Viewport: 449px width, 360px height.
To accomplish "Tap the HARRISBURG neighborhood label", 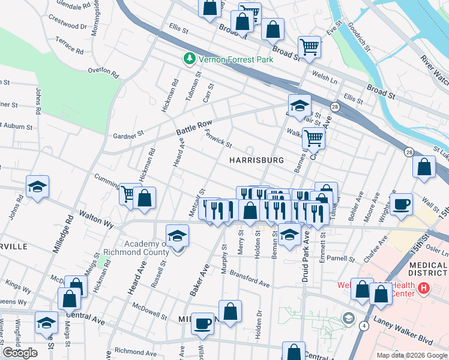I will (256, 161).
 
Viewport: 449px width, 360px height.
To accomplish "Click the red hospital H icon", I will (424, 289).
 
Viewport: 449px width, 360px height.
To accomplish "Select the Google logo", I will (20, 353).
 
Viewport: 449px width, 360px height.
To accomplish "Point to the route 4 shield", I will (364, 326).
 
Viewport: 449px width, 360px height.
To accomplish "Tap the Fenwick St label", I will (218, 139).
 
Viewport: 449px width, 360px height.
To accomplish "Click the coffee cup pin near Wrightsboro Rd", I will (402, 205).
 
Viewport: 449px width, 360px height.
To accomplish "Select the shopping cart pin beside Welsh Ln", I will (309, 47).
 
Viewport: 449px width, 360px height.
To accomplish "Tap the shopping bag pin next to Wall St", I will (424, 169).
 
